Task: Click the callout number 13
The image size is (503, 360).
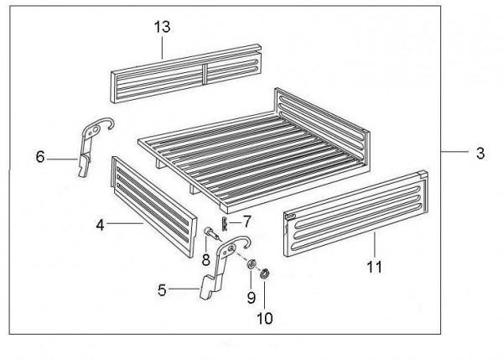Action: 163,27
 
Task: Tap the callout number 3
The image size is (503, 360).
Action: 480,154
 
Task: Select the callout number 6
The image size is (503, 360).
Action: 40,157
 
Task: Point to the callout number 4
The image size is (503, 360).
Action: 100,225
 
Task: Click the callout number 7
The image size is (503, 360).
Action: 246,222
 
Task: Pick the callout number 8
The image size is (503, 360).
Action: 205,259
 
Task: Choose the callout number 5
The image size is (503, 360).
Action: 162,290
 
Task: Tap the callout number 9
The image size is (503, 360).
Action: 251,297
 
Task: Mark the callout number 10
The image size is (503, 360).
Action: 265,318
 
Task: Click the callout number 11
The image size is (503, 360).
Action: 375,267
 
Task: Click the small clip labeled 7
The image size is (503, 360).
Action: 225,224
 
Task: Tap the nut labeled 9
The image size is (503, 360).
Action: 251,264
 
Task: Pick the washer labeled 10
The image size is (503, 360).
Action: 265,274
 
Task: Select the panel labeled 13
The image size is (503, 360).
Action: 186,74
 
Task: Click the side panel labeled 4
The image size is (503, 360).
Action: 154,206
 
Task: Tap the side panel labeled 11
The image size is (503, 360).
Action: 356,213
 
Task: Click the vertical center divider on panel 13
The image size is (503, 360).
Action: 205,74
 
